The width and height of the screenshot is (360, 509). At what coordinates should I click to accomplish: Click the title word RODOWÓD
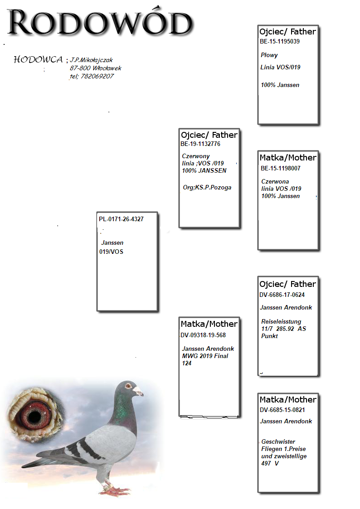coord(100,22)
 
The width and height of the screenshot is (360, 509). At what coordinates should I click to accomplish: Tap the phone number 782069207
coord(97,76)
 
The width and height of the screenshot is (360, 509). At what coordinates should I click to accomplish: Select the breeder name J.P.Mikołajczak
coord(92,60)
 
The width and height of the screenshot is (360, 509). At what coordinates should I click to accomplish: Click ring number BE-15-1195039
coord(279,42)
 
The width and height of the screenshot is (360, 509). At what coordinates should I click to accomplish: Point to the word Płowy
coord(269,55)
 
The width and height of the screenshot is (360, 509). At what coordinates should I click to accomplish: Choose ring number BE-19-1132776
coord(200,144)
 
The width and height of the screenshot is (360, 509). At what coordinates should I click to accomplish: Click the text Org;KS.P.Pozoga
coord(207,187)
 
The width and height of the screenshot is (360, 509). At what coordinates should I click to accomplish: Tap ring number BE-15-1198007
coord(281,168)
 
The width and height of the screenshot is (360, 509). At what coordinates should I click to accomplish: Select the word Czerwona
coord(275,181)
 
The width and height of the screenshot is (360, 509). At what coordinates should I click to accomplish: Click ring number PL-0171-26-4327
coord(121,219)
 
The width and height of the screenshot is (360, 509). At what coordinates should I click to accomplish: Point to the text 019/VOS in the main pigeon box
coord(111,252)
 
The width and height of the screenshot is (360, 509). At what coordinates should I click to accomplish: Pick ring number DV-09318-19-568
coord(203,335)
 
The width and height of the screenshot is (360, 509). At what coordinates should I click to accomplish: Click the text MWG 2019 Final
coord(205,356)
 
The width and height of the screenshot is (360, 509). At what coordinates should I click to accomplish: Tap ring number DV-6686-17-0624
coord(282,295)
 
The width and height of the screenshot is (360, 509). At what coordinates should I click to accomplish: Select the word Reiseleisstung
coord(281,321)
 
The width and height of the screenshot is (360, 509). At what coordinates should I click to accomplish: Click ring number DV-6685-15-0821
coord(282,410)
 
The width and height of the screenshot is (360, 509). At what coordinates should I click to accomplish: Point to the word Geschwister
coord(278,441)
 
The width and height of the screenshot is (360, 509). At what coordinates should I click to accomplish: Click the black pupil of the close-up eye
coord(34,417)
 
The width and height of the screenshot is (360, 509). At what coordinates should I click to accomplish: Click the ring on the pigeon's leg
coord(107,486)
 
